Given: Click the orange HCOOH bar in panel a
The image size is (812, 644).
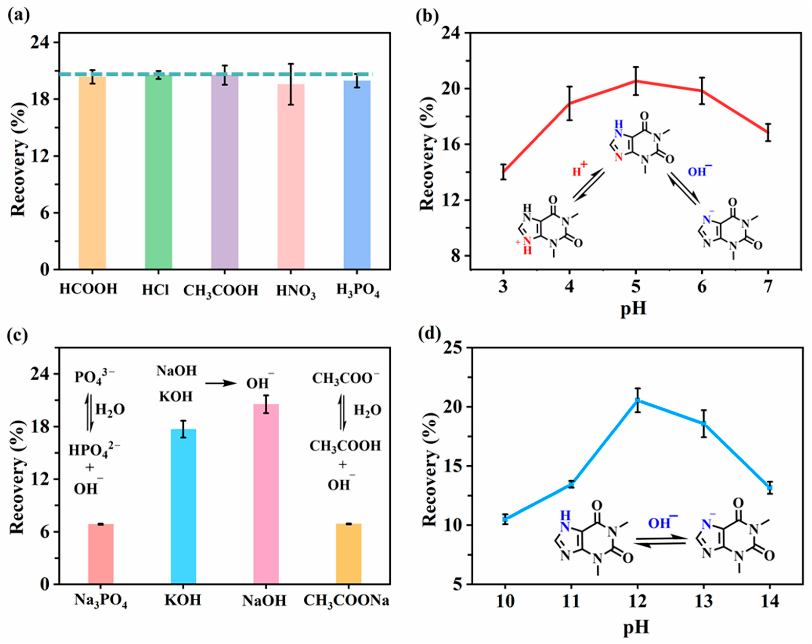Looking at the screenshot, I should [92, 173].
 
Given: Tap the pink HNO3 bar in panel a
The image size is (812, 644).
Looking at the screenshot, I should [291, 177].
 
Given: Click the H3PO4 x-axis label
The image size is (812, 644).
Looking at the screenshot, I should [358, 291].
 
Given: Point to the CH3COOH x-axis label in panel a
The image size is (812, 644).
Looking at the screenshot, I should [221, 291].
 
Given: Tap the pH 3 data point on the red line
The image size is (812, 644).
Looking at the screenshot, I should [503, 172].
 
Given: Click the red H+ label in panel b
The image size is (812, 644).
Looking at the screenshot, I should [579, 170].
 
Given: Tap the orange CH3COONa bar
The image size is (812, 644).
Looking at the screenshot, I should [348, 554].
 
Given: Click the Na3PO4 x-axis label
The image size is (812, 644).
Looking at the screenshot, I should [101, 601].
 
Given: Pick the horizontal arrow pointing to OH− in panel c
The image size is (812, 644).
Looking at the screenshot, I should [220, 383].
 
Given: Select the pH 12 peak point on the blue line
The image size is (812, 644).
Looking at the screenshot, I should [638, 401].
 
